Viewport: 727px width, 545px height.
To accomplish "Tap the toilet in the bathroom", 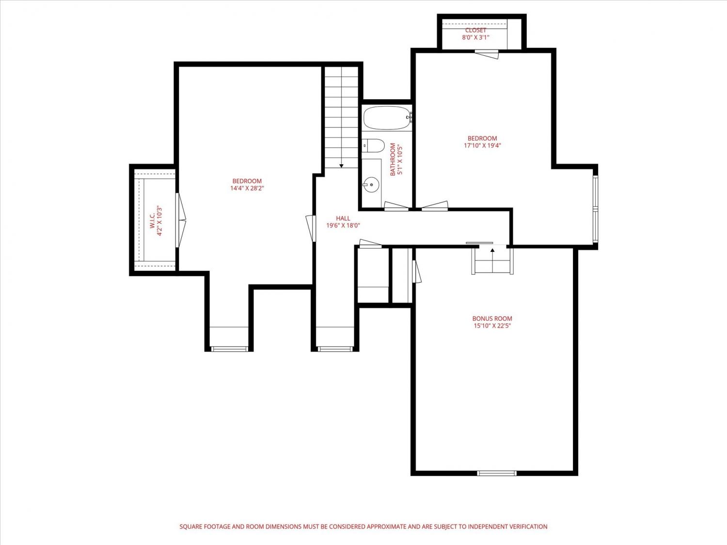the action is point(373,146).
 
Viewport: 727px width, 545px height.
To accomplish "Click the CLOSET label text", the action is point(475,30).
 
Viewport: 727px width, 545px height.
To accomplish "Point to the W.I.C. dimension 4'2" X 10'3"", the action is point(159,221).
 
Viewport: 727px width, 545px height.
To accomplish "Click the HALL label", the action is point(343,218).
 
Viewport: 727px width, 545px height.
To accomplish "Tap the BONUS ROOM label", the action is point(492,319).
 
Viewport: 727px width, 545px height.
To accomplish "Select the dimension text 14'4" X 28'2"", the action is point(247,188).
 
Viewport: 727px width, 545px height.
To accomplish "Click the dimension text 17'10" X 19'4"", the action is point(482,145).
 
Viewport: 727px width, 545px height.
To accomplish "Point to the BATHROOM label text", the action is point(393,159).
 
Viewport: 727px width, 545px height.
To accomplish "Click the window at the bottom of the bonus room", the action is point(497,473).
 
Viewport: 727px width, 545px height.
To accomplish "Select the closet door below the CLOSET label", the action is point(487,54).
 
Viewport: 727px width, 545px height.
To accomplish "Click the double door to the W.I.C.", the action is point(181,220).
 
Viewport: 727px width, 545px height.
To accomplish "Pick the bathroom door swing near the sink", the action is point(396,206).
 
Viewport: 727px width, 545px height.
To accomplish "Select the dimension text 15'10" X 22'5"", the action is point(492,326).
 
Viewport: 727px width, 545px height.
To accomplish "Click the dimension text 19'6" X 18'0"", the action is point(343,226).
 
